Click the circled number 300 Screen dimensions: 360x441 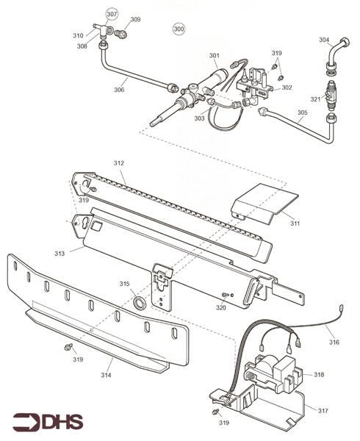pyautogui.click(x=179, y=29)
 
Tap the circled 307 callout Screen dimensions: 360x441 pyautogui.click(x=112, y=14)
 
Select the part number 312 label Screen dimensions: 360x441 pyautogui.click(x=118, y=163)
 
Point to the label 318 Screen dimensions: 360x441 pyautogui.click(x=319, y=375)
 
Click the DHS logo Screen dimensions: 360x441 pyautogui.click(x=48, y=422)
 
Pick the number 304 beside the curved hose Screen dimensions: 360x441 pyautogui.click(x=324, y=40)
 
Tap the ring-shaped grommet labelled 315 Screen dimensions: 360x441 pyautogui.click(x=140, y=302)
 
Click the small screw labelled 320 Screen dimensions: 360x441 pyautogui.click(x=225, y=295)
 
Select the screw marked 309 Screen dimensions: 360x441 pyautogui.click(x=121, y=34)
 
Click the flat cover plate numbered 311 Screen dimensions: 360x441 pyautogui.click(x=264, y=204)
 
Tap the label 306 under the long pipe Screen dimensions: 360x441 pyautogui.click(x=119, y=90)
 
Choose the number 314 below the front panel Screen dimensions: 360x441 pyautogui.click(x=107, y=375)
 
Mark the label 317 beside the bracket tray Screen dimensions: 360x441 pyautogui.click(x=323, y=411)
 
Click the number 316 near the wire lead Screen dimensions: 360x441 pyautogui.click(x=334, y=343)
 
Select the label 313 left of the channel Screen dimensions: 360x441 pyautogui.click(x=60, y=254)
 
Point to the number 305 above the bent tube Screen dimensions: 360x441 pyautogui.click(x=303, y=112)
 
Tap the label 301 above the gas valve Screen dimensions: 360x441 pyautogui.click(x=214, y=56)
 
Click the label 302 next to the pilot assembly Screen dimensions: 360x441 pyautogui.click(x=287, y=87)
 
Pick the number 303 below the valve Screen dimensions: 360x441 pyautogui.click(x=200, y=118)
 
